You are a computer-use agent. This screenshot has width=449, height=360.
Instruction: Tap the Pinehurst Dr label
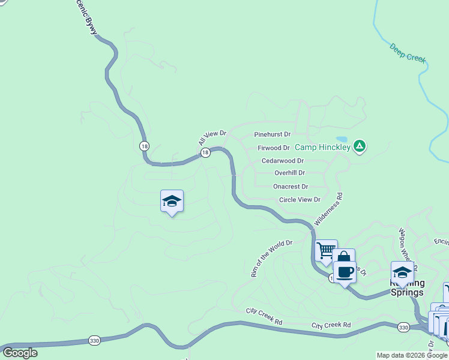[273, 134]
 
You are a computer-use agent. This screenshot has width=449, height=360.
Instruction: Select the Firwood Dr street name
[273, 148]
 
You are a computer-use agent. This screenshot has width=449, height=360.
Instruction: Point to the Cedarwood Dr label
[283, 161]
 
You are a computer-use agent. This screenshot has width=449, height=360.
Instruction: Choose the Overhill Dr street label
[289, 173]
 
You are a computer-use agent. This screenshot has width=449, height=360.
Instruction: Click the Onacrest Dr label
[291, 187]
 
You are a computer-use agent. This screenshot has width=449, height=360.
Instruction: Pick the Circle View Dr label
[300, 200]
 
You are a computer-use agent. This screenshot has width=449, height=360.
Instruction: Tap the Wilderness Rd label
[328, 209]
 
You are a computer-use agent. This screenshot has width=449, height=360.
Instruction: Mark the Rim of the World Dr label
[271, 259]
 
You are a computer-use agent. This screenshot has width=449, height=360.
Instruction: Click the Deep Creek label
[408, 52]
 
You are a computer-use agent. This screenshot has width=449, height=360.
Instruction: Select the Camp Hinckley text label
[322, 146]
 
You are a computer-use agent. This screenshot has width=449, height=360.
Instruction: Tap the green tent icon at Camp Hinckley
[359, 146]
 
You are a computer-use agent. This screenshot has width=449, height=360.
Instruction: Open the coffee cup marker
[345, 272]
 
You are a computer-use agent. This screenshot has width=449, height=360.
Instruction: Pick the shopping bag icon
[344, 259]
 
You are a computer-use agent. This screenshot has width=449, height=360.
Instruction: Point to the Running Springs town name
[408, 288]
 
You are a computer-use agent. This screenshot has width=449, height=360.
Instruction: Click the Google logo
[20, 353]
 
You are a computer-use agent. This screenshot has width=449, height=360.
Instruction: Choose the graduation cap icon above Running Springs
[402, 271]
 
